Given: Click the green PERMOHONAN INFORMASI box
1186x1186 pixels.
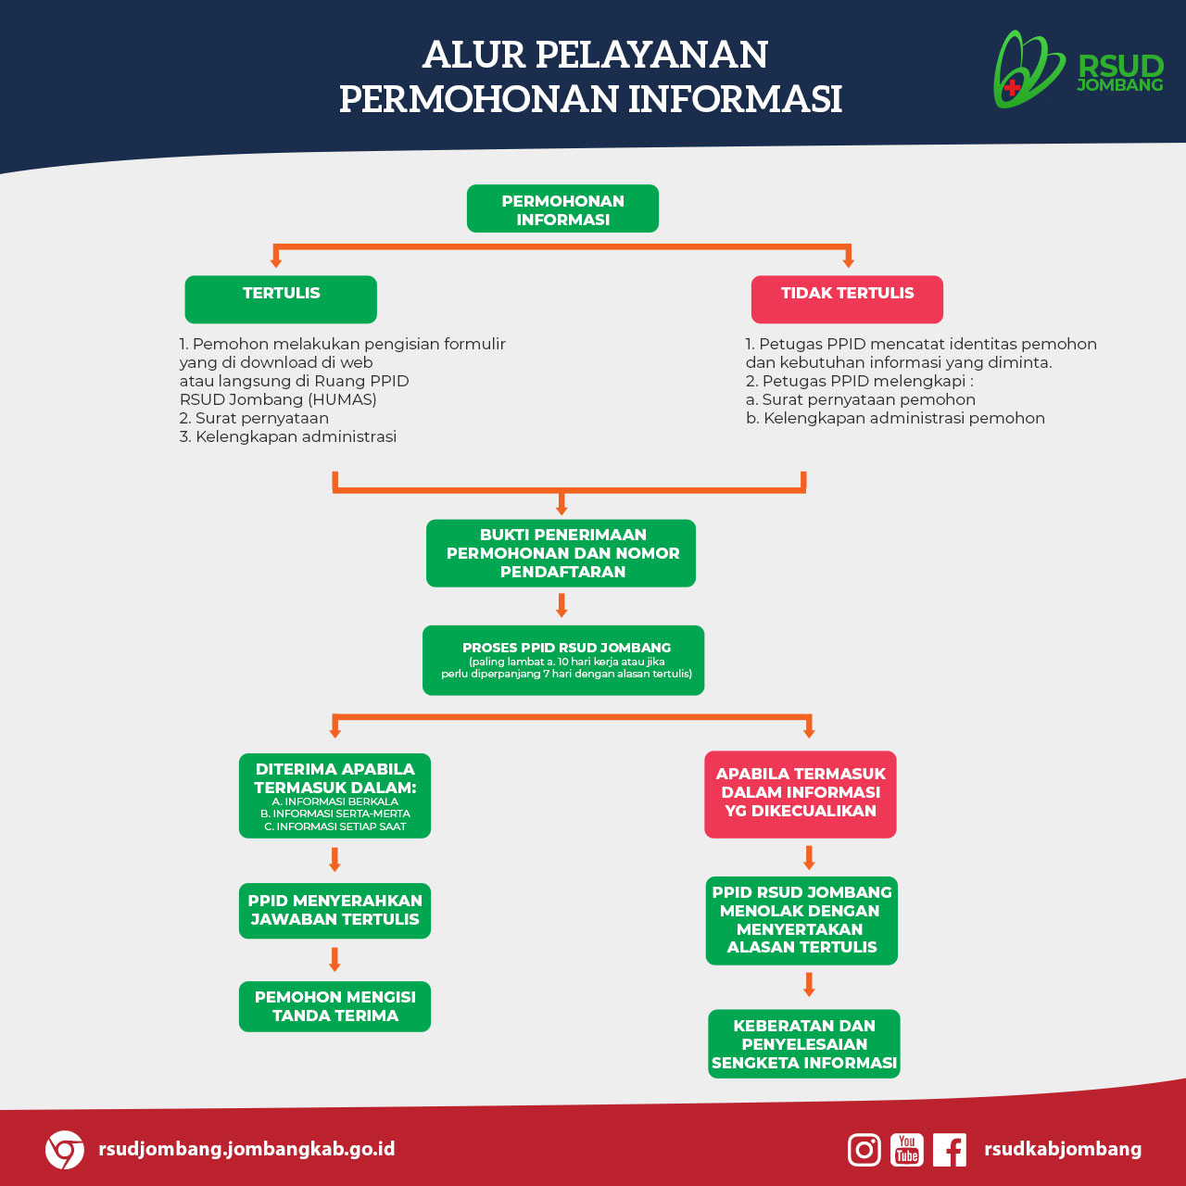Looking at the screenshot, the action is tap(562, 208).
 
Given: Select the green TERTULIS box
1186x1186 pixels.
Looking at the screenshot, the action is tap(281, 299).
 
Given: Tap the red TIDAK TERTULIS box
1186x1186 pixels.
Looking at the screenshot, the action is tap(847, 299).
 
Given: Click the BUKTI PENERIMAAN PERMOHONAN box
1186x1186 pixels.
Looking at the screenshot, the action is tap(561, 553).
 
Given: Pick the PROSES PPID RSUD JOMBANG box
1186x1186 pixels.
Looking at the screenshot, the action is tap(563, 661).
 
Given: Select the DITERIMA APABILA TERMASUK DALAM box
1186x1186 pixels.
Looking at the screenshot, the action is tap(334, 796).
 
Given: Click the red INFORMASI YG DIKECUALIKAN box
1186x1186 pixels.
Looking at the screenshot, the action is tap(801, 795).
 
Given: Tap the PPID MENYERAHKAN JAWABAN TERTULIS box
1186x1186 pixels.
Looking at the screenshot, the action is tap(334, 911).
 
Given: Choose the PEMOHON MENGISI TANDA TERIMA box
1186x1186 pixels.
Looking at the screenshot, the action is tap(334, 1006).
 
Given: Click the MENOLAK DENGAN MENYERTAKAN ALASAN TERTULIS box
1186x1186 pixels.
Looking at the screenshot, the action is tap(801, 921).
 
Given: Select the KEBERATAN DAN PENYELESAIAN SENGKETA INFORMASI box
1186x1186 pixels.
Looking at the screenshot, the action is tap(804, 1044).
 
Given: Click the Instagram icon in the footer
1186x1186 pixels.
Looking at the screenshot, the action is tap(864, 1150).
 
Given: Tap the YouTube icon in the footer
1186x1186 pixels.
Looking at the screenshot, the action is tap(906, 1150).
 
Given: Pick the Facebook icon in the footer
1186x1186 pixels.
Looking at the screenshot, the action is tap(949, 1150).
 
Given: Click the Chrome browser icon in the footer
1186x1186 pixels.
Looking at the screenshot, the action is tap(65, 1150).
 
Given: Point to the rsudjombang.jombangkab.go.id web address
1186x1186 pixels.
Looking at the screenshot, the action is tap(246, 1149).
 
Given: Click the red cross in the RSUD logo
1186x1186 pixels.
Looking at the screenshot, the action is tap(1011, 87).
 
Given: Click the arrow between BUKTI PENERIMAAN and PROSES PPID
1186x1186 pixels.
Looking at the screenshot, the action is tap(561, 605).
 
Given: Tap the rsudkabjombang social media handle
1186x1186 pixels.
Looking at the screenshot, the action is tap(1063, 1149).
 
